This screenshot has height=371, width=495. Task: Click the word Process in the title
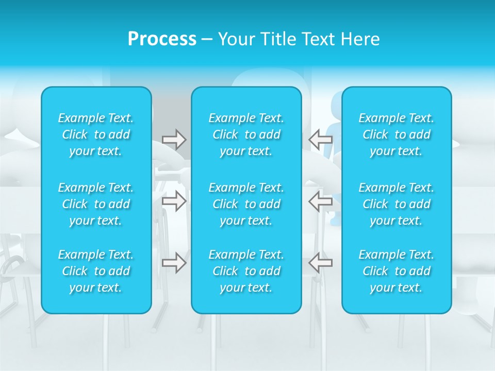click(x=162, y=39)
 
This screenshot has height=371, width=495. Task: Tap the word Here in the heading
click(x=360, y=39)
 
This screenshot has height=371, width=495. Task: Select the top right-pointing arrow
click(x=174, y=140)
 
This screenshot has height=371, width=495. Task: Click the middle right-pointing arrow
click(x=174, y=201)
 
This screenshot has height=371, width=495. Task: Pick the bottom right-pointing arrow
click(x=174, y=263)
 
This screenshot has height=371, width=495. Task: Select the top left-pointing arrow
click(x=320, y=140)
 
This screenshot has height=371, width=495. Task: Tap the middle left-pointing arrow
click(x=320, y=201)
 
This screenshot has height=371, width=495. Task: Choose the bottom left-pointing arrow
click(x=320, y=263)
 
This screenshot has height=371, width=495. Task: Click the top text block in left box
click(x=96, y=134)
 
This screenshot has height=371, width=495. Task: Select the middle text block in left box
click(x=96, y=204)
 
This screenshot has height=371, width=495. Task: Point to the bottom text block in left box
click(x=96, y=271)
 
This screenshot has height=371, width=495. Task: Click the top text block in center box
click(x=246, y=134)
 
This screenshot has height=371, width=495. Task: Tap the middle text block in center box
click(x=246, y=204)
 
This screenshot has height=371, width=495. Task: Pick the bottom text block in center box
click(x=246, y=271)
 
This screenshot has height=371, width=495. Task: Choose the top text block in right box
click(x=397, y=134)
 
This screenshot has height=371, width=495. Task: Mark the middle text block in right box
click(x=397, y=204)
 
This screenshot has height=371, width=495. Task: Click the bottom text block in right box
click(x=397, y=271)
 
